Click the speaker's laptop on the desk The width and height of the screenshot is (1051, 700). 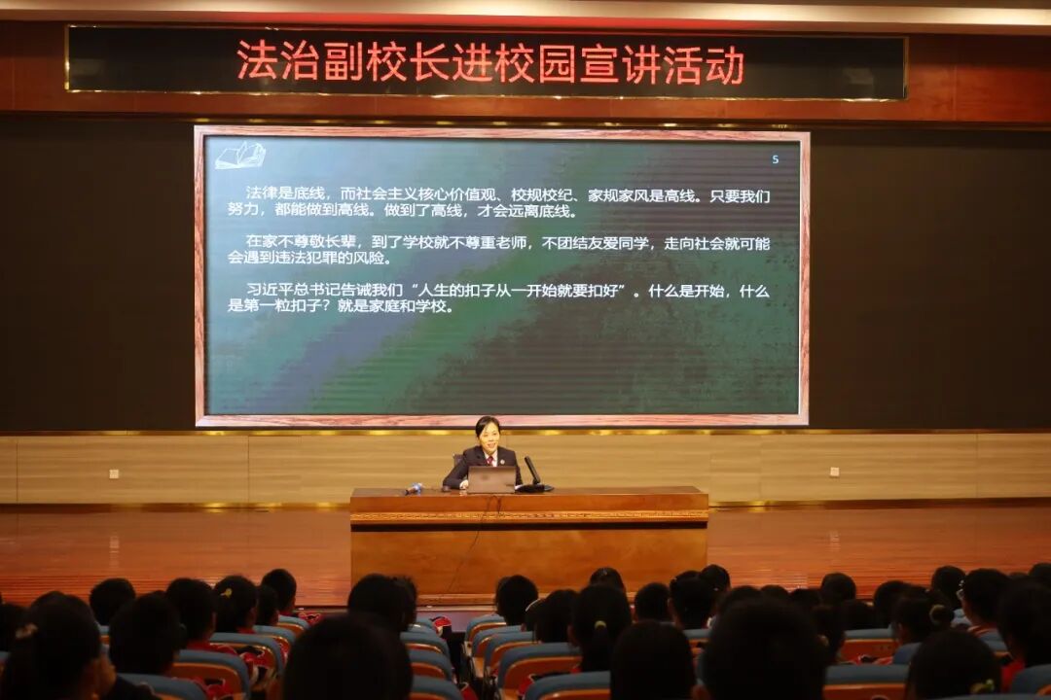coord(491,479)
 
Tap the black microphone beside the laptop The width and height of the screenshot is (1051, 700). coord(532,471)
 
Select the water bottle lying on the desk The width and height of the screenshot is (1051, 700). coord(414,489)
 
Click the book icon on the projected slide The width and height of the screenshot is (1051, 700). coord(240,155)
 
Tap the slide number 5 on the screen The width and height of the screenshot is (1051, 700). coord(775,159)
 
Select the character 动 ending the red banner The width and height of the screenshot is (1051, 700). coord(725,64)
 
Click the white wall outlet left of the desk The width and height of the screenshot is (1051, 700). coord(115,474)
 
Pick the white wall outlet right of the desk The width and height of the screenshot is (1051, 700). coord(835,472)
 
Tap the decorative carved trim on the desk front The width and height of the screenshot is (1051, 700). coord(529,516)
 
